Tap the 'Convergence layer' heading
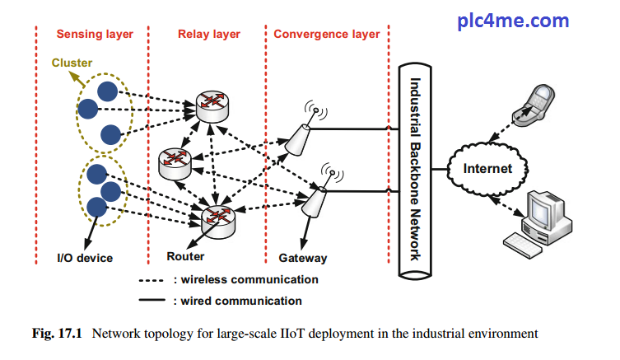[327, 35]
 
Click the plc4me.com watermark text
[513, 21]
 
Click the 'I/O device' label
[85, 258]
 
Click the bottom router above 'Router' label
[218, 217]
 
